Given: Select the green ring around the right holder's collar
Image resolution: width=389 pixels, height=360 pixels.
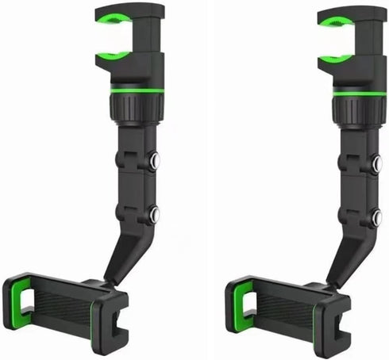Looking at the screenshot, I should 359,90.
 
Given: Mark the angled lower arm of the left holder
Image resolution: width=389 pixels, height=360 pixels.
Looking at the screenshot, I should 123,254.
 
